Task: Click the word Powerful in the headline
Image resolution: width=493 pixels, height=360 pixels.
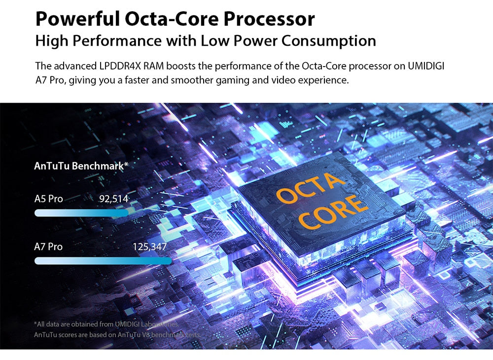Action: [x=78, y=19]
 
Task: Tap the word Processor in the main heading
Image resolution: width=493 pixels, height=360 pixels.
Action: [x=269, y=19]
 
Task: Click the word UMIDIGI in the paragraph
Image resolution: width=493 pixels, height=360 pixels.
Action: [x=426, y=66]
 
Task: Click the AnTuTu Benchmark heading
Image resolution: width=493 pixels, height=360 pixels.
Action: [x=81, y=166]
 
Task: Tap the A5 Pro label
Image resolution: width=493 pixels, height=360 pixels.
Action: [x=48, y=199]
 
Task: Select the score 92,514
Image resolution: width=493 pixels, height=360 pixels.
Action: [x=114, y=199]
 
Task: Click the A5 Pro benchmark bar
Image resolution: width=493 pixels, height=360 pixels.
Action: [x=81, y=213]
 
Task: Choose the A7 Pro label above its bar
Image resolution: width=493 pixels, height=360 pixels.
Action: [x=48, y=247]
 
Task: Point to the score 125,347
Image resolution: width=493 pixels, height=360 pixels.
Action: [x=150, y=247]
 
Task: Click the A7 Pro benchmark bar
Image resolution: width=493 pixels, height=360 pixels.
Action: [x=103, y=261]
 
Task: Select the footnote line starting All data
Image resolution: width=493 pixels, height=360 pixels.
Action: [x=106, y=324]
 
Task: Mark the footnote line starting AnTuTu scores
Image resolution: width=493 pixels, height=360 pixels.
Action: [x=117, y=335]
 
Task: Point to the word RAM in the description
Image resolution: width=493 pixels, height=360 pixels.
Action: [x=153, y=66]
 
